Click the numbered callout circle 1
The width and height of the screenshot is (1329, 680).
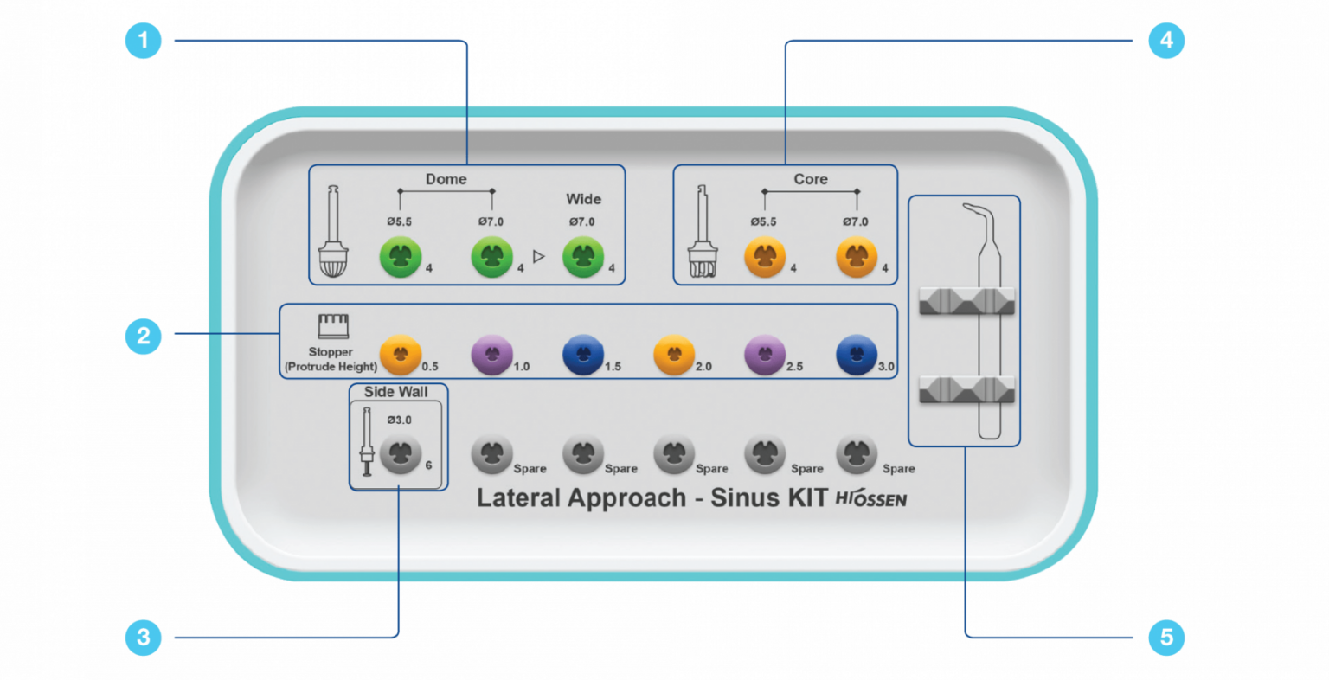pyautogui.click(x=144, y=41)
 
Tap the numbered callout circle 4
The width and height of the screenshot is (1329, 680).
pyautogui.click(x=1166, y=41)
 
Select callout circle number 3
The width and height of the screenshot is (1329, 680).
pyautogui.click(x=144, y=638)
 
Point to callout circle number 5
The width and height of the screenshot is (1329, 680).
pyautogui.click(x=1166, y=638)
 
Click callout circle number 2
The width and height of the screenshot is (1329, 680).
pyautogui.click(x=144, y=335)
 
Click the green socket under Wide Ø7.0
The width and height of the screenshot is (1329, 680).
pyautogui.click(x=583, y=258)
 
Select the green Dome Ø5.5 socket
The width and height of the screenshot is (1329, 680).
pyautogui.click(x=401, y=258)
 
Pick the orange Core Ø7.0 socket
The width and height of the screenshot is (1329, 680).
pyautogui.click(x=857, y=258)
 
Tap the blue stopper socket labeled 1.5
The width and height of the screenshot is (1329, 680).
pyautogui.click(x=582, y=355)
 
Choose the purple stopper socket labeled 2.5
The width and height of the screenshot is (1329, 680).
pyautogui.click(x=765, y=355)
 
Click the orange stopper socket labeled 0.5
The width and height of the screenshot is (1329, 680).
pyautogui.click(x=401, y=355)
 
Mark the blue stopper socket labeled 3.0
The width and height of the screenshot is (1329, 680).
pyautogui.click(x=857, y=355)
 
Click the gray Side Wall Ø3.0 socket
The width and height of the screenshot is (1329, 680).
pyautogui.click(x=401, y=453)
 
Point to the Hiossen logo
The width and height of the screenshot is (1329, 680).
pyautogui.click(x=870, y=498)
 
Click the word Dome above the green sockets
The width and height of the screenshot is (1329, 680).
pyautogui.click(x=446, y=179)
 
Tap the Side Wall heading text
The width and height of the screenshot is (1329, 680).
pyautogui.click(x=395, y=392)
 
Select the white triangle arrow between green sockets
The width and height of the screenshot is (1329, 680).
pyautogui.click(x=539, y=257)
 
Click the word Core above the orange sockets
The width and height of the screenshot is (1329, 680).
pyautogui.click(x=811, y=179)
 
